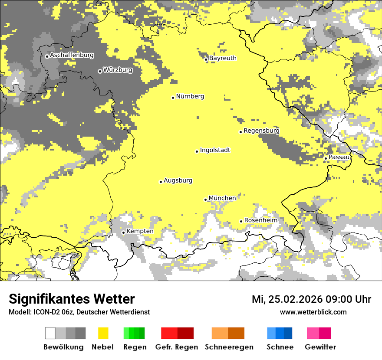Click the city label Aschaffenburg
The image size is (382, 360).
coord(72,55)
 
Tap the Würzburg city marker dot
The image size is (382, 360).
coord(100,71)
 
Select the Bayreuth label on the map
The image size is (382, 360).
coord(223,58)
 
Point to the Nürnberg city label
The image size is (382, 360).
coord(190,96)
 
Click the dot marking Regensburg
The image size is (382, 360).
coord(240,132)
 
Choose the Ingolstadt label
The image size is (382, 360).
coord(215,150)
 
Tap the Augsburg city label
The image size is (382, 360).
coord(178,180)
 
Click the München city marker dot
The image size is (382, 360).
coord(206,200)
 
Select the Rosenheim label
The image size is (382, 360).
coord(260,220)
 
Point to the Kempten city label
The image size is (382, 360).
coord(140,231)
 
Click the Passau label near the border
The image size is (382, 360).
coord(339,157)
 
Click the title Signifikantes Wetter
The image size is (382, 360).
coord(72,299)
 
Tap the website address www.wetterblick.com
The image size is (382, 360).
coord(313,312)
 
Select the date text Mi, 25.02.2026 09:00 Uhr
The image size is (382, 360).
coord(311,299)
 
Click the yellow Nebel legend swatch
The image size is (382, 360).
coord(103,333)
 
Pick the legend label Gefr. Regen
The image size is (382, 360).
coord(177,347)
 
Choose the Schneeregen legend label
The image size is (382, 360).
coord(229,347)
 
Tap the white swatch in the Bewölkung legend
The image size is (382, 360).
coord(50,333)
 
